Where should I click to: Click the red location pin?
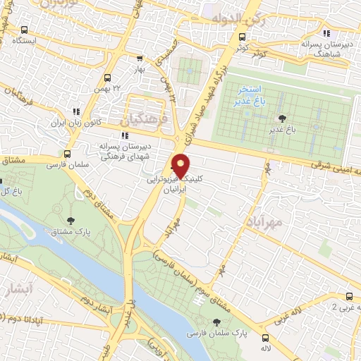coord(181,166)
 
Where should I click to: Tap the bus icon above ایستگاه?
coord(25,30)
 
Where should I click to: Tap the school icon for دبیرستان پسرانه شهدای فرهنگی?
coord(124,135)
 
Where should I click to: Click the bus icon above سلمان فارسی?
coord(68,153)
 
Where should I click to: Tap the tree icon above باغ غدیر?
coord(283,118)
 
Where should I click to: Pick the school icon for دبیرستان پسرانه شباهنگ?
coord(325,33)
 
